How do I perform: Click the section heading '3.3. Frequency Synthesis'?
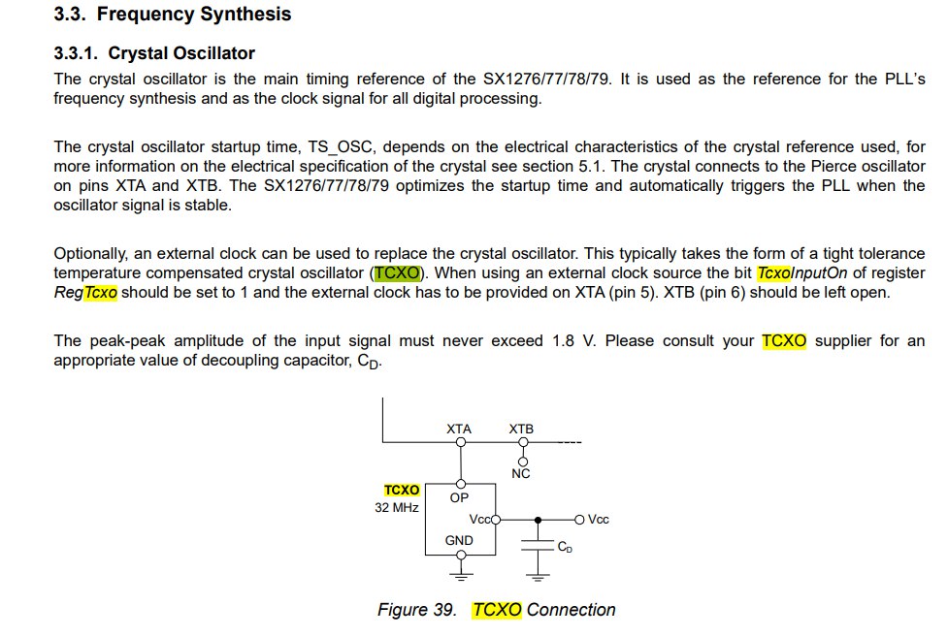point(172,15)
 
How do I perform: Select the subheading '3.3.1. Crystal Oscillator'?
point(154,52)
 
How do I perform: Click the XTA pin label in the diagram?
point(459,429)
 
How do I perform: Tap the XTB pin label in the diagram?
point(521,429)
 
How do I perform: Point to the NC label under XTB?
point(521,473)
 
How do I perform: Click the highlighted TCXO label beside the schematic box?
point(402,491)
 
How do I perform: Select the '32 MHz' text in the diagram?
point(396,507)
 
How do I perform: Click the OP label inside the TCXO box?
point(460,497)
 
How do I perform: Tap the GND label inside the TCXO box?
point(459,540)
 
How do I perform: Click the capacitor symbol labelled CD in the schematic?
point(538,545)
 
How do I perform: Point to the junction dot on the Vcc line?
point(538,520)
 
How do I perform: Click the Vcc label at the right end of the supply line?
point(599,520)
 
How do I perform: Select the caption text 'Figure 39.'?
point(416,610)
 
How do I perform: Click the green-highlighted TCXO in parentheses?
point(398,273)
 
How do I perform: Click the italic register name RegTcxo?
point(85,292)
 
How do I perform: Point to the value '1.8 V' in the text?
point(572,341)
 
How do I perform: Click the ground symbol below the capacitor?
point(538,579)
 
